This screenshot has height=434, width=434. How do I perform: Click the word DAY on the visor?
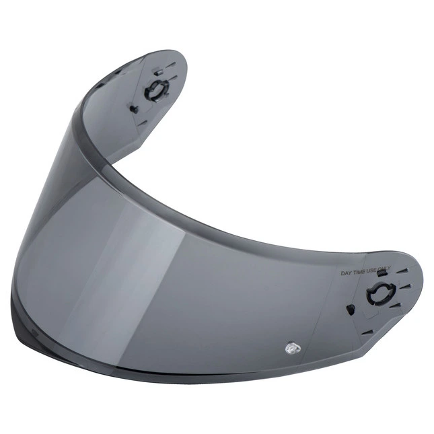tap(347, 273)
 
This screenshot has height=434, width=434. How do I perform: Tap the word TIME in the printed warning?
tap(359, 272)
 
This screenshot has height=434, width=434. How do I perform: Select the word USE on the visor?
tap(371, 270)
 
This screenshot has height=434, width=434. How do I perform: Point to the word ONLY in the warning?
tap(384, 269)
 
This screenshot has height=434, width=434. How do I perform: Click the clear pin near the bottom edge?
tap(293, 349)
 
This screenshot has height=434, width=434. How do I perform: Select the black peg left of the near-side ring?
tap(350, 309)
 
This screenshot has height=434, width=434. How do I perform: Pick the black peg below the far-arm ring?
tap(134, 108)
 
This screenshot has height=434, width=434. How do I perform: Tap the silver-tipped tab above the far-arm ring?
tap(158, 72)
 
